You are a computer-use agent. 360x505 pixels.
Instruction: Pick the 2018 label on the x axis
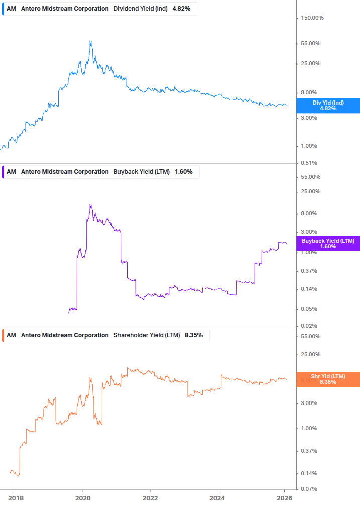click(16, 497)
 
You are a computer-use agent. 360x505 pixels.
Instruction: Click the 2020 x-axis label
click(83, 497)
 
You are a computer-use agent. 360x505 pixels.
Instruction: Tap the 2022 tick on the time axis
click(150, 497)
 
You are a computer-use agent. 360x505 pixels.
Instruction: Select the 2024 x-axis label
click(217, 497)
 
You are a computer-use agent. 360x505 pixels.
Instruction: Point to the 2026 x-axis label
click(284, 497)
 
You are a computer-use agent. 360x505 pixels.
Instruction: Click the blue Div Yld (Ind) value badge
click(328, 106)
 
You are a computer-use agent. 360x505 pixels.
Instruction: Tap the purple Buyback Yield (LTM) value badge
click(328, 244)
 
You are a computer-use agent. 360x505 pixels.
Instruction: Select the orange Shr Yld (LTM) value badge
click(328, 379)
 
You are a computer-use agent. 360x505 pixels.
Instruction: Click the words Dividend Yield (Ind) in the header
click(140, 9)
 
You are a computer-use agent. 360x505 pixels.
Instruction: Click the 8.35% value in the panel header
click(194, 335)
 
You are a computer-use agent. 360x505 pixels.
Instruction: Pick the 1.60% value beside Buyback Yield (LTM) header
click(184, 172)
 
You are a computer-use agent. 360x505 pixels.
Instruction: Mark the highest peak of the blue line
click(90, 41)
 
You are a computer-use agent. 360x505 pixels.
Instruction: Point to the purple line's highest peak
click(90, 204)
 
